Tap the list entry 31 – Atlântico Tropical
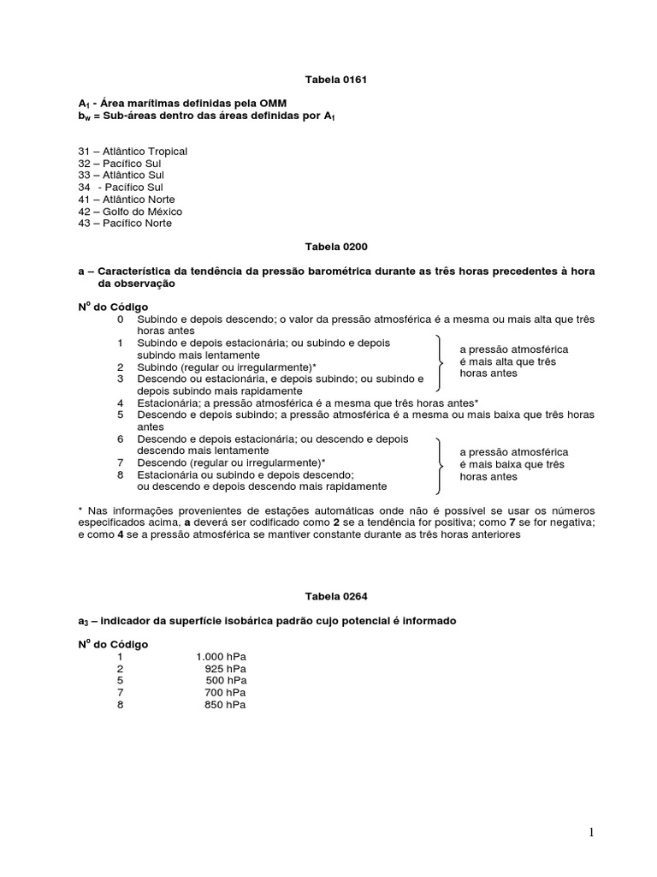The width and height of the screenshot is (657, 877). pos(133,152)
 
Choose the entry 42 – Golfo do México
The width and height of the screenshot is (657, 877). pos(130,212)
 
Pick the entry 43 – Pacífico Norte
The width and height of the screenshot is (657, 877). pos(125,224)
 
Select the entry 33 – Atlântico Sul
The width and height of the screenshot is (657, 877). pos(120,176)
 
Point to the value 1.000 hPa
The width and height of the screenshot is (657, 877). pos(222,657)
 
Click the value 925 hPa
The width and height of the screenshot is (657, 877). pos(227,669)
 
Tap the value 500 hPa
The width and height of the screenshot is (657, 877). pos(227,681)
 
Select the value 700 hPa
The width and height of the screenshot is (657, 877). pos(227,693)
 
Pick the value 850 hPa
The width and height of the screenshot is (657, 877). pos(227,705)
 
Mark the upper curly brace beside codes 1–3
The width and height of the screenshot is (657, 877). pos(440,361)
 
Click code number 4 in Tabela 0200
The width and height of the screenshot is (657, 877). pos(121,403)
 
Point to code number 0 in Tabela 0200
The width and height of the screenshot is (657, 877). pos(121,319)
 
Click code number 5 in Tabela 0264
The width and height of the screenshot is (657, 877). pos(121,681)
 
